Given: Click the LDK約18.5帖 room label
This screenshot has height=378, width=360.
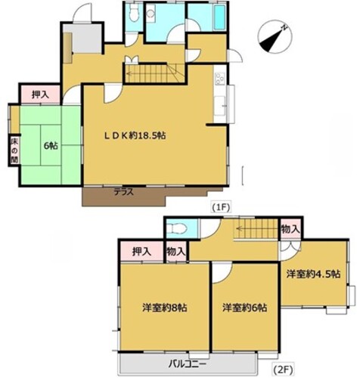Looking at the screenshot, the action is point(135,136).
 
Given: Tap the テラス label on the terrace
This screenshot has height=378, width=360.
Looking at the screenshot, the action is point(123,193).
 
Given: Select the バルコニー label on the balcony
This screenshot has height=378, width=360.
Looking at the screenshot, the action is point(188,364).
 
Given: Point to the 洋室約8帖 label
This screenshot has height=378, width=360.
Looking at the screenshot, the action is point(165,308).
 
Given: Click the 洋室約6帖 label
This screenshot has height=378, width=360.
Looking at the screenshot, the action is point(245,308).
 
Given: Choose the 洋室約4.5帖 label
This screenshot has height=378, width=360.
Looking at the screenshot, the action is point(313,274).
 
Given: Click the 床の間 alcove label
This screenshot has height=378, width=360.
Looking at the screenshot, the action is point(14,150).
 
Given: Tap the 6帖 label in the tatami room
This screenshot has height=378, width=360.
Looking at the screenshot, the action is point(51,146).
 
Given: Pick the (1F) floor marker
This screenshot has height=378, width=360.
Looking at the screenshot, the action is point(222,207).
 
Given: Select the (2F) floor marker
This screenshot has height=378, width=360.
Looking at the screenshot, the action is point(283,370).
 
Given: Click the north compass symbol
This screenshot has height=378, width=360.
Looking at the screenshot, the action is point(275,36).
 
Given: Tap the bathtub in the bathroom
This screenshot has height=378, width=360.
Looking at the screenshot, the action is point(219,17).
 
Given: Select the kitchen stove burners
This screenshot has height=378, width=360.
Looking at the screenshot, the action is point(219,79).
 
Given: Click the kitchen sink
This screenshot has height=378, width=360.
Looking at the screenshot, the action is point(220,105).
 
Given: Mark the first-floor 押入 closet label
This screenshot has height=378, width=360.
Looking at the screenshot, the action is point(40,94).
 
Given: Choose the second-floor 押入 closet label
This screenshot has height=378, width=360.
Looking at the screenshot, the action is point(141,252).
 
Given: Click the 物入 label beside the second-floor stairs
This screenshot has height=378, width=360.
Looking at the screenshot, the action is point(290,229).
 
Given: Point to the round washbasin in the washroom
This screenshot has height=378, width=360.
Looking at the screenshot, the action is point(151,13).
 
